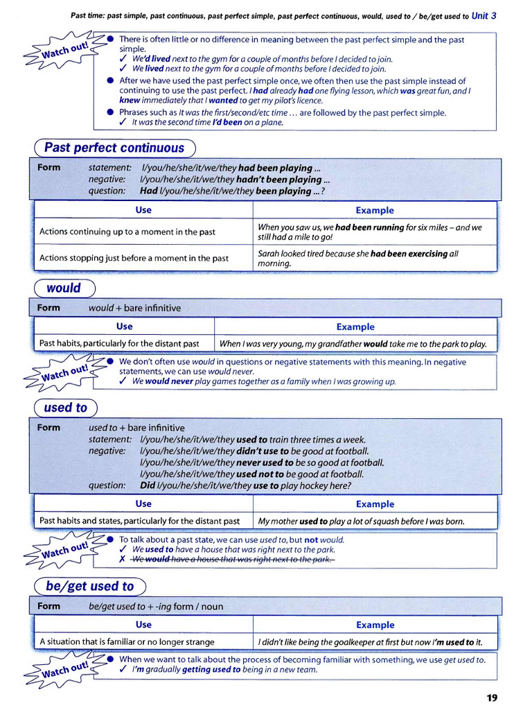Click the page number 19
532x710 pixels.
coord(491,698)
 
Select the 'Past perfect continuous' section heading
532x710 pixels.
coord(114,148)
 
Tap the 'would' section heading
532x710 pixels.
coord(64,288)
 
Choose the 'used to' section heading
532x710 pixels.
coord(66,408)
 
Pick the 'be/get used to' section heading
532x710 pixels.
coord(89,586)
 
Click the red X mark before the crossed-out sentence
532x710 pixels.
coord(122,560)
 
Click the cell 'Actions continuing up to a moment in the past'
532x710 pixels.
coord(127,232)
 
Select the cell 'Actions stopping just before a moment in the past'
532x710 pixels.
coord(134,258)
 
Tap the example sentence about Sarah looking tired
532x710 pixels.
coord(357,258)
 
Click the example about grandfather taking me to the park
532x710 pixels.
coord(353,343)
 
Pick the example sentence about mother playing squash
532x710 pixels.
coord(361,521)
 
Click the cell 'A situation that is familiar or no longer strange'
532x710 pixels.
coord(127,641)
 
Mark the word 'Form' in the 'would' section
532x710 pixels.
coord(48,308)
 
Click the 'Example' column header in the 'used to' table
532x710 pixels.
coord(374,504)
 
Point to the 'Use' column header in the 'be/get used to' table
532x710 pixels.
coord(143,624)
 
